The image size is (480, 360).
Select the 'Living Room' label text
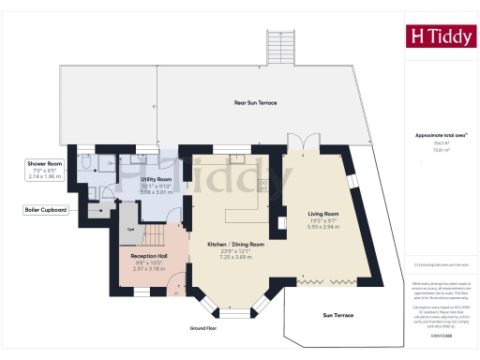pos(322,215)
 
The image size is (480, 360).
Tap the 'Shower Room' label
pos(43,164)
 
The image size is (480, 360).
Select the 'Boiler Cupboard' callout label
pos(45,210)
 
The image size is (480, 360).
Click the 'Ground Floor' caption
pos(203,328)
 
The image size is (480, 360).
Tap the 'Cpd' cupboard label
pos(131,229)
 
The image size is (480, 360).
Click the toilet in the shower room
pos(83,165)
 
